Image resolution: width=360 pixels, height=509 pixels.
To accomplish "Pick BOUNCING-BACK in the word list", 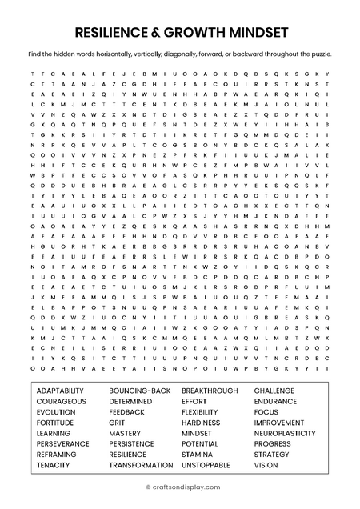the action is (140, 391).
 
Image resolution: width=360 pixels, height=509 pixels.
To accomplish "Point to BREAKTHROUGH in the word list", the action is (210, 391).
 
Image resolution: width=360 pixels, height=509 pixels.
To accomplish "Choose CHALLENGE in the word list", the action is (276, 391).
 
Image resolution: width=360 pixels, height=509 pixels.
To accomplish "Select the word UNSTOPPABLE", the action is (206, 465).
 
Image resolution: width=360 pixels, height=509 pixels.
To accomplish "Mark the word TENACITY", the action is (53, 465).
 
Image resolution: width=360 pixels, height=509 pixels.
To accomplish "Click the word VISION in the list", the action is (266, 465).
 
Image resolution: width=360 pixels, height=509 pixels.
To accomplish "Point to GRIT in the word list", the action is (117, 423).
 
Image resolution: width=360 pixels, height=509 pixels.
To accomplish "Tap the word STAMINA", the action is (197, 455).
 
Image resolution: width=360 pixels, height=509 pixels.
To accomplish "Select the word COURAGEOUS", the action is (61, 401).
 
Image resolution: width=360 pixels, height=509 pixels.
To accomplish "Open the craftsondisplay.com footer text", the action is (180, 487).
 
